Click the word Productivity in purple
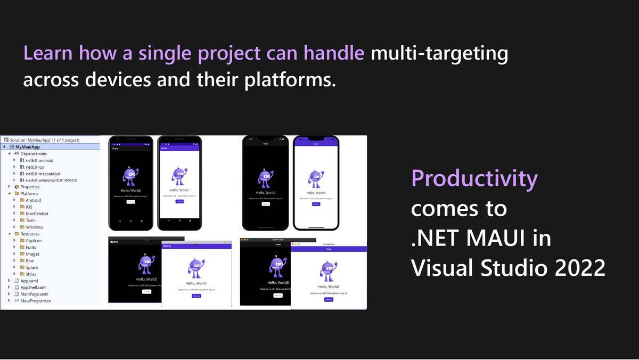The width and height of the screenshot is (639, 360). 474,179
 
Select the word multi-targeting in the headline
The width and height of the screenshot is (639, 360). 439,53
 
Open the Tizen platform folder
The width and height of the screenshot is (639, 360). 31,220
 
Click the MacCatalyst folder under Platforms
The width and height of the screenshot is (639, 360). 37,214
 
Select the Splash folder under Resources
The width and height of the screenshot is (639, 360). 32,267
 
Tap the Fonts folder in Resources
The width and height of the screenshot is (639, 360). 31,248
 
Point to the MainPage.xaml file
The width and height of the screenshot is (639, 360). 34,294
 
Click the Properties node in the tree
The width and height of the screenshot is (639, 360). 30,187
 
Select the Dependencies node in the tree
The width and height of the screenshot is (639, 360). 34,153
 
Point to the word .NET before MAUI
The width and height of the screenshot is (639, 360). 434,238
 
